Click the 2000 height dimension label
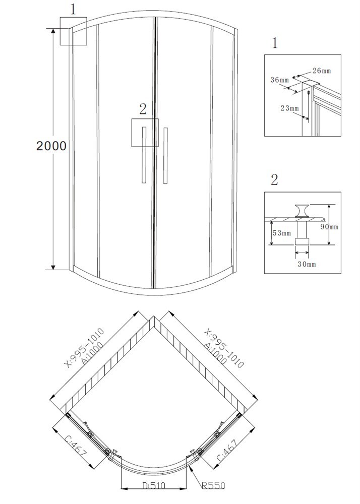(x=51, y=146)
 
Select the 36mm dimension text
(x=279, y=80)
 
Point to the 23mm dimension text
(x=290, y=108)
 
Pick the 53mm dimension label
(x=281, y=233)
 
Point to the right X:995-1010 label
(x=225, y=348)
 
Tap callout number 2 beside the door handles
(x=143, y=108)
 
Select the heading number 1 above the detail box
(x=274, y=43)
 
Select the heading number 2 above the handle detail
(x=274, y=180)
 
